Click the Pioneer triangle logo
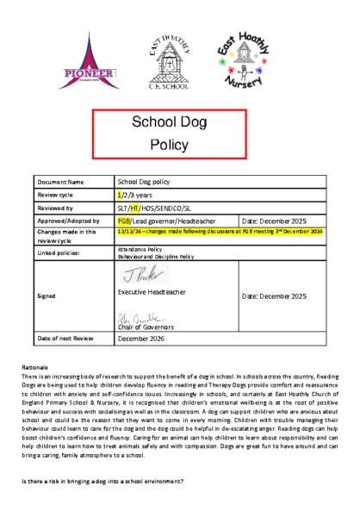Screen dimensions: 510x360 point(85,59)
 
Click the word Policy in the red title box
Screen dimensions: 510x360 point(182,146)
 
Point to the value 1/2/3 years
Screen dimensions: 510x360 point(135,196)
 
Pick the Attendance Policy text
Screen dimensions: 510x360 point(140,249)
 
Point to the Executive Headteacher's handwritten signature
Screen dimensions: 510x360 point(136,275)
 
